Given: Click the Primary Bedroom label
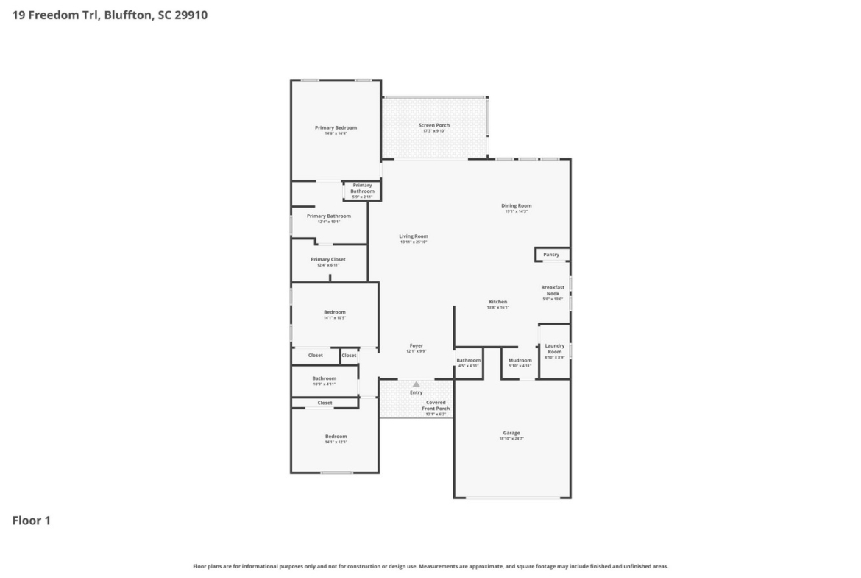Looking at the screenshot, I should [336, 128].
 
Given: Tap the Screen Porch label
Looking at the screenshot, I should [434, 126].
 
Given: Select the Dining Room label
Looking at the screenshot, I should [517, 206].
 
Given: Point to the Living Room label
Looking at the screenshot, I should [414, 236].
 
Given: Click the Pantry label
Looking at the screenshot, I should [551, 255].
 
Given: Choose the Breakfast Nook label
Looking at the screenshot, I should [553, 291].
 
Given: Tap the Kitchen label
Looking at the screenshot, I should [498, 302].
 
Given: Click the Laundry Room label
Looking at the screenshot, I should [555, 349].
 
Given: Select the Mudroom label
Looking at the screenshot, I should [520, 360].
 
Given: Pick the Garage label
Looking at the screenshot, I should [511, 433].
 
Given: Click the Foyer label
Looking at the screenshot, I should [416, 346].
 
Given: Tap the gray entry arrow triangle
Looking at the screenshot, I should [417, 384].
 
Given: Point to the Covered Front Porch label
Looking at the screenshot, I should [436, 406].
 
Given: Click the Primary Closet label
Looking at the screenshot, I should [328, 260].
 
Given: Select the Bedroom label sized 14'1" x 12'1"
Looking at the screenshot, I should [336, 437].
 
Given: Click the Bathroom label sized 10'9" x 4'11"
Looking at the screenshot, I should [324, 379].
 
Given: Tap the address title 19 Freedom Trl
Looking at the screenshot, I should [110, 14].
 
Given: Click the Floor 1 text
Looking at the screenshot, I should [31, 521].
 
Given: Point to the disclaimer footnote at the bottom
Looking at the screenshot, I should [431, 566].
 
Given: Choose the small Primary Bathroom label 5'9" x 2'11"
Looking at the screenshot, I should [362, 188].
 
